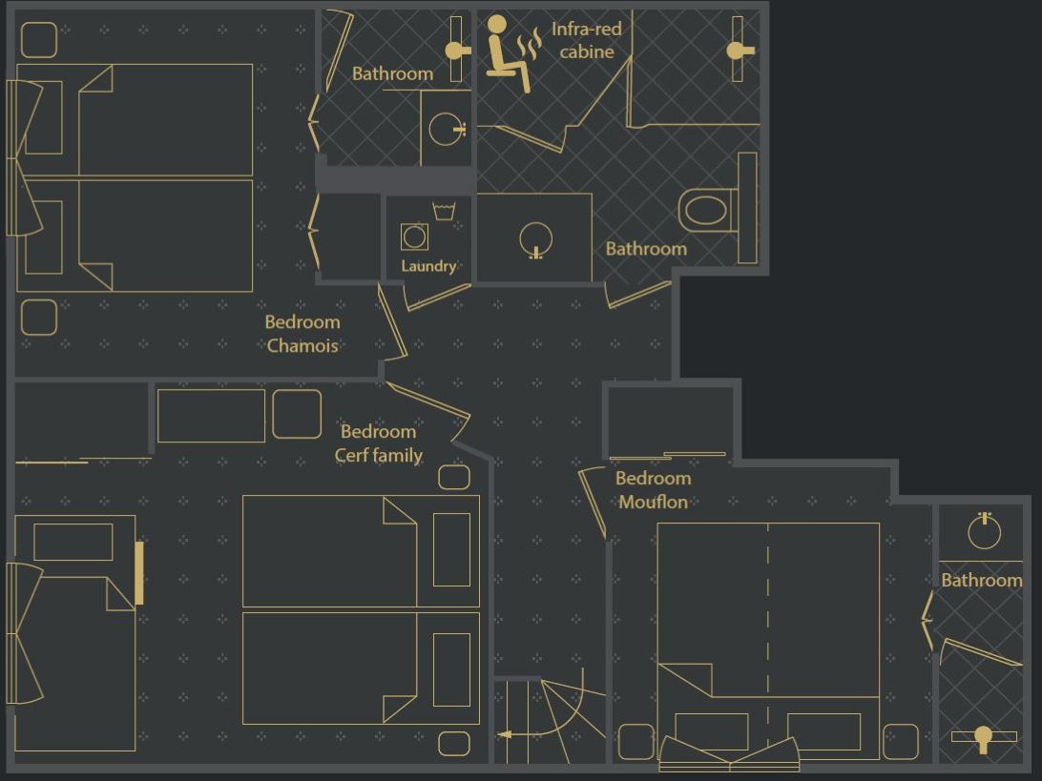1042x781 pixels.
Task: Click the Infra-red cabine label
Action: pos(586,40)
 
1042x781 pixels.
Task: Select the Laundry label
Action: pos(428,266)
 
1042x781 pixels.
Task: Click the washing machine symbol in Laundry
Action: pos(414,236)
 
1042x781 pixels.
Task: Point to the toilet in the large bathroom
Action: pos(707,208)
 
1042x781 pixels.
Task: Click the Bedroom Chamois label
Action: pos(302,334)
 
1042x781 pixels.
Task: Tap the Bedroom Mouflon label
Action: pos(653,489)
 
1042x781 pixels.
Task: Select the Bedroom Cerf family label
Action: pos(378,443)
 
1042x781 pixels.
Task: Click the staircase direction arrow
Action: pos(505,734)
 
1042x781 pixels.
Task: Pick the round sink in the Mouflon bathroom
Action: pos(984,531)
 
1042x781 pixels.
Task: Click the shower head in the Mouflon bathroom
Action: pos(983,736)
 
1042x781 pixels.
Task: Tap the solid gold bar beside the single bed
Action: pos(139,572)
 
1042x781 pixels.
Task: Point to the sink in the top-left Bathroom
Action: pos(447,128)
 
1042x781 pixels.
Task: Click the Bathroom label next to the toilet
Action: pos(646,249)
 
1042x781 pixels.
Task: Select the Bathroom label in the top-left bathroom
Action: pos(392,73)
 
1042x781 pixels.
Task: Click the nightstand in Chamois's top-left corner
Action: pos(39,40)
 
